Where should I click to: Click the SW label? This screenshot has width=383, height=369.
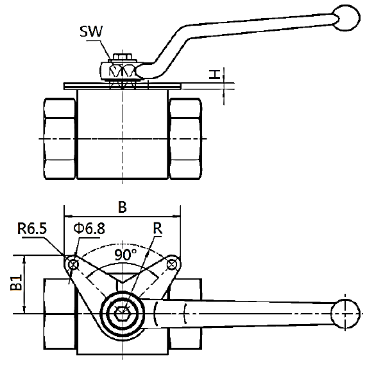click(91, 32)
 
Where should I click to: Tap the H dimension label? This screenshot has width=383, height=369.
click(215, 75)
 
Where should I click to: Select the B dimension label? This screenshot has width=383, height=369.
click(123, 207)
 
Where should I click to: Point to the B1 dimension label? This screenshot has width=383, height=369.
click(17, 282)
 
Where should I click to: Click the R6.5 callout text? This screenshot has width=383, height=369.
click(32, 229)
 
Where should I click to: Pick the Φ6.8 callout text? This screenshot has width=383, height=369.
click(89, 228)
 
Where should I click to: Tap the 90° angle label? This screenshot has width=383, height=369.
click(126, 255)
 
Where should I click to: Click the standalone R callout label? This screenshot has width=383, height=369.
click(158, 228)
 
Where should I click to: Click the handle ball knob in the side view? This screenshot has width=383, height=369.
click(347, 18)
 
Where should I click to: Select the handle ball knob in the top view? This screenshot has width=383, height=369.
click(345, 314)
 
